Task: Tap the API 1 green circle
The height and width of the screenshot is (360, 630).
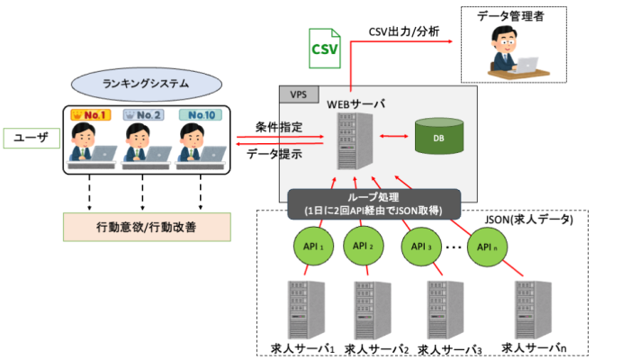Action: [313, 246]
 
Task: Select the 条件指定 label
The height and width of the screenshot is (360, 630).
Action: [274, 127]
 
